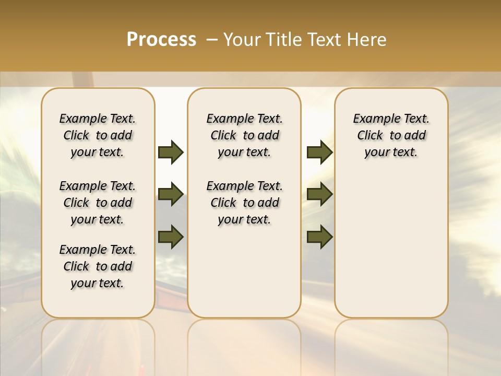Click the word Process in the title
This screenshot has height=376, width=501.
click(x=161, y=39)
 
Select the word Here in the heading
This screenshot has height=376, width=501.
click(x=367, y=40)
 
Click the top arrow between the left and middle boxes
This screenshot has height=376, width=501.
click(x=171, y=152)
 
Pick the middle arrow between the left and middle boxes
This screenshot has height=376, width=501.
click(x=171, y=194)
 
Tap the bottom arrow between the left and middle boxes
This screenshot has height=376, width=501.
click(x=171, y=237)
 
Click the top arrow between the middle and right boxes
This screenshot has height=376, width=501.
click(x=319, y=152)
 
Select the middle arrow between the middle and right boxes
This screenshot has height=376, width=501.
click(x=319, y=194)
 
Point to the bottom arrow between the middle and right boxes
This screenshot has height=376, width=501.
click(x=319, y=237)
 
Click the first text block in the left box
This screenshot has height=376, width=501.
click(x=98, y=135)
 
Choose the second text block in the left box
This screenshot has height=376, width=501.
click(x=98, y=203)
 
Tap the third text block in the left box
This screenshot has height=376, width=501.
click(x=98, y=266)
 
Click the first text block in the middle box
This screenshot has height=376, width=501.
click(x=244, y=135)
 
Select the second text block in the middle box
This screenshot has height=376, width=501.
click(x=244, y=203)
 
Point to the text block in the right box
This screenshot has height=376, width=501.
click(x=391, y=135)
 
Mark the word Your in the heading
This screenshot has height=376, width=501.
click(x=242, y=40)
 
